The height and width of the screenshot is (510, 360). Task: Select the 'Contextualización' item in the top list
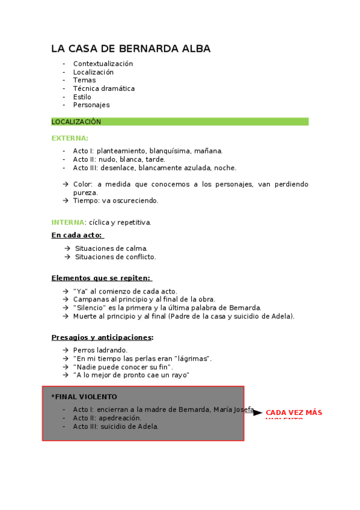(x=103, y=64)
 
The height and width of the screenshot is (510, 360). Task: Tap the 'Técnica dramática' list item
(x=103, y=88)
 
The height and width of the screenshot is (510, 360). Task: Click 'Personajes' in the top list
(x=91, y=105)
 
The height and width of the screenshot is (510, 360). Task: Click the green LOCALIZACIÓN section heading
(x=76, y=121)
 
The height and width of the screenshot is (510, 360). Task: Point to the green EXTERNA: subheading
(x=70, y=138)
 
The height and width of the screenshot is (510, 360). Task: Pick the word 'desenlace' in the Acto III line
(x=117, y=168)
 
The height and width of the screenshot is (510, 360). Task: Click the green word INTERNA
(x=68, y=223)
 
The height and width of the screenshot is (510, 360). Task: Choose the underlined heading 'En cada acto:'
(x=77, y=235)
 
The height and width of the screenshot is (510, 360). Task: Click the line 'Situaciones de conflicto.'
(x=115, y=257)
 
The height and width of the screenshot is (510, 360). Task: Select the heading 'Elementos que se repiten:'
(x=101, y=278)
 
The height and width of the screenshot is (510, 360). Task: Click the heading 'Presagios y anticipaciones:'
(x=102, y=337)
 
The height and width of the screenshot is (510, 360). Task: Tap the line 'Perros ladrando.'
(x=100, y=350)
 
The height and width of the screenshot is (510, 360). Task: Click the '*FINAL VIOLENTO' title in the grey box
(x=84, y=397)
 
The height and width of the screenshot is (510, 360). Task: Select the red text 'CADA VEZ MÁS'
(x=294, y=413)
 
